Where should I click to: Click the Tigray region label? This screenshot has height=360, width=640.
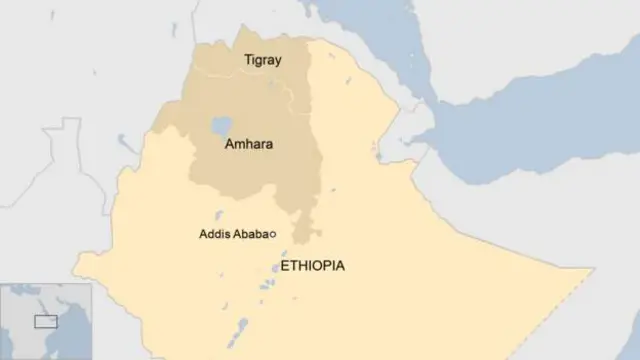[263, 60]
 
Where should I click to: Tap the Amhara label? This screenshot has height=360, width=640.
[248, 144]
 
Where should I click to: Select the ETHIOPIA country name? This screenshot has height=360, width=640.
[313, 266]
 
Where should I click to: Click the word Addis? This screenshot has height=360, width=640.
[216, 234]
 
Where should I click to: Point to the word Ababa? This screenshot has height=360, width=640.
[251, 234]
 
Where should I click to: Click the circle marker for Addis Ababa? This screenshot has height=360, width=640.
[273, 234]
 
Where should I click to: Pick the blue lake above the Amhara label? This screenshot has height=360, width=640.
[221, 127]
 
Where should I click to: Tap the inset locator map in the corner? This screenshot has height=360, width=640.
[46, 320]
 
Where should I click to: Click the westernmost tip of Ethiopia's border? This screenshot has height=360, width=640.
[73, 259]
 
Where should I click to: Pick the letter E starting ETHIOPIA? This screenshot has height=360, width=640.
[286, 266]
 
